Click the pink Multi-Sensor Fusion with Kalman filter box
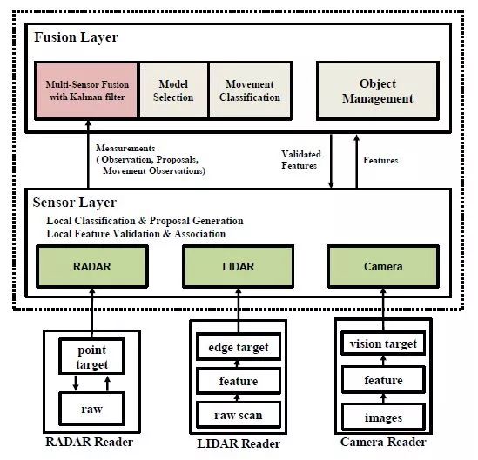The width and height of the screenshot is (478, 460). click(x=86, y=90)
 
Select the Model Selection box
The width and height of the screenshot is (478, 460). click(x=173, y=90)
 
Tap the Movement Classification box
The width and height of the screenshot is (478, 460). click(x=250, y=90)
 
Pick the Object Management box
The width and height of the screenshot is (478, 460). click(x=378, y=90)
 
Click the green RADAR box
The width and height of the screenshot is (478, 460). click(x=92, y=266)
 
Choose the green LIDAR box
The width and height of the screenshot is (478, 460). click(x=238, y=266)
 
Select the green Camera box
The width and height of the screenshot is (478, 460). click(x=383, y=266)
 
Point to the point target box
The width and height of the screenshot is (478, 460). click(x=91, y=357)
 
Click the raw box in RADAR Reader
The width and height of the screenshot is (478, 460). click(x=91, y=409)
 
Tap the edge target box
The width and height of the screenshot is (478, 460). click(x=239, y=347)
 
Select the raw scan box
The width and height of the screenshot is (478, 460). click(x=239, y=415)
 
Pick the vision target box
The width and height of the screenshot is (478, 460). click(x=383, y=343)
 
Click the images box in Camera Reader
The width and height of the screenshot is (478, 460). click(x=383, y=417)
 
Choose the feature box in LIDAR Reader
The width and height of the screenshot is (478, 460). click(x=239, y=381)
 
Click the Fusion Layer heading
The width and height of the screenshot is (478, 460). click(x=76, y=37)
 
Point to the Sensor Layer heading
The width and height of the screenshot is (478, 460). click(x=75, y=203)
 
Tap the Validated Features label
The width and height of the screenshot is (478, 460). click(x=301, y=160)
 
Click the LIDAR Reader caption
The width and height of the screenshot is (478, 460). click(x=239, y=443)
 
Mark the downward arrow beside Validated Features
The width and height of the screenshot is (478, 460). click(x=331, y=161)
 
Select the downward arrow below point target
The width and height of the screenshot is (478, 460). click(x=76, y=383)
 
